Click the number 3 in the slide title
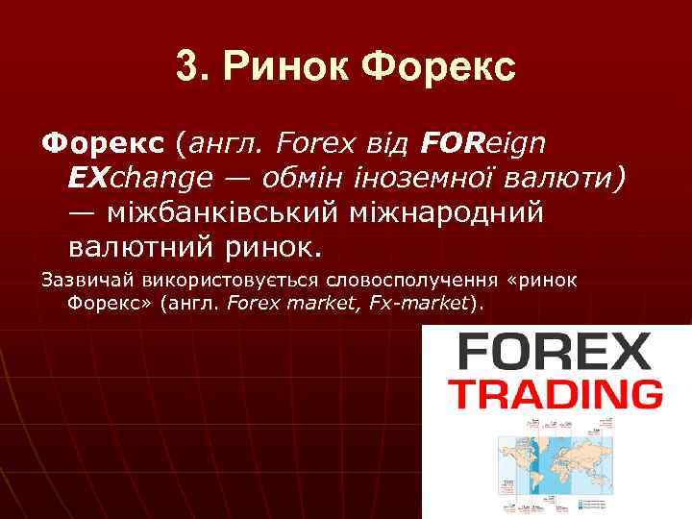(x=186, y=68)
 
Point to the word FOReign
(x=483, y=144)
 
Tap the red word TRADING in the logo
(x=556, y=395)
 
